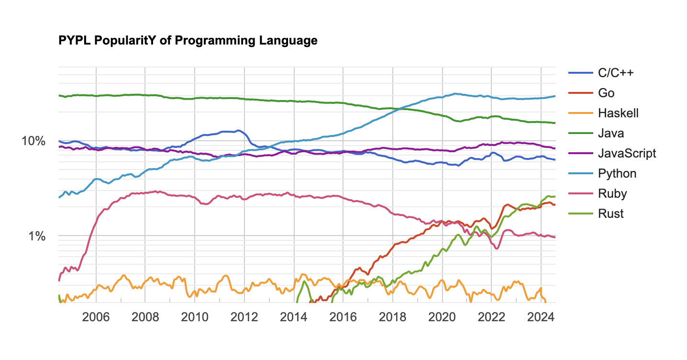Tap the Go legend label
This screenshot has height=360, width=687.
606,93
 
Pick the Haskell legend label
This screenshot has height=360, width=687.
618,113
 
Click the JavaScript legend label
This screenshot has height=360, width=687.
627,153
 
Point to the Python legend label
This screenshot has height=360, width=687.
617,173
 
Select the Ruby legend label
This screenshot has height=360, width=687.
612,193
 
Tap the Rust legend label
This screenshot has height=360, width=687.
611,214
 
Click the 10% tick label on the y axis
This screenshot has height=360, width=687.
33,141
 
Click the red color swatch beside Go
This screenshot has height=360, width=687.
580,93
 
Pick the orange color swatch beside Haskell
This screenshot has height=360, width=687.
580,113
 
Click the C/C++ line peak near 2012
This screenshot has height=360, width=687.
238,130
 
